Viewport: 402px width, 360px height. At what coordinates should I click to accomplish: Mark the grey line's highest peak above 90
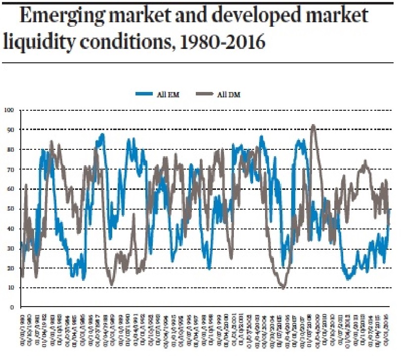pyautogui.click(x=313, y=125)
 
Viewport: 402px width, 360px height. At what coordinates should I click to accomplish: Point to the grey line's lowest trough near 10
pyautogui.click(x=283, y=288)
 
